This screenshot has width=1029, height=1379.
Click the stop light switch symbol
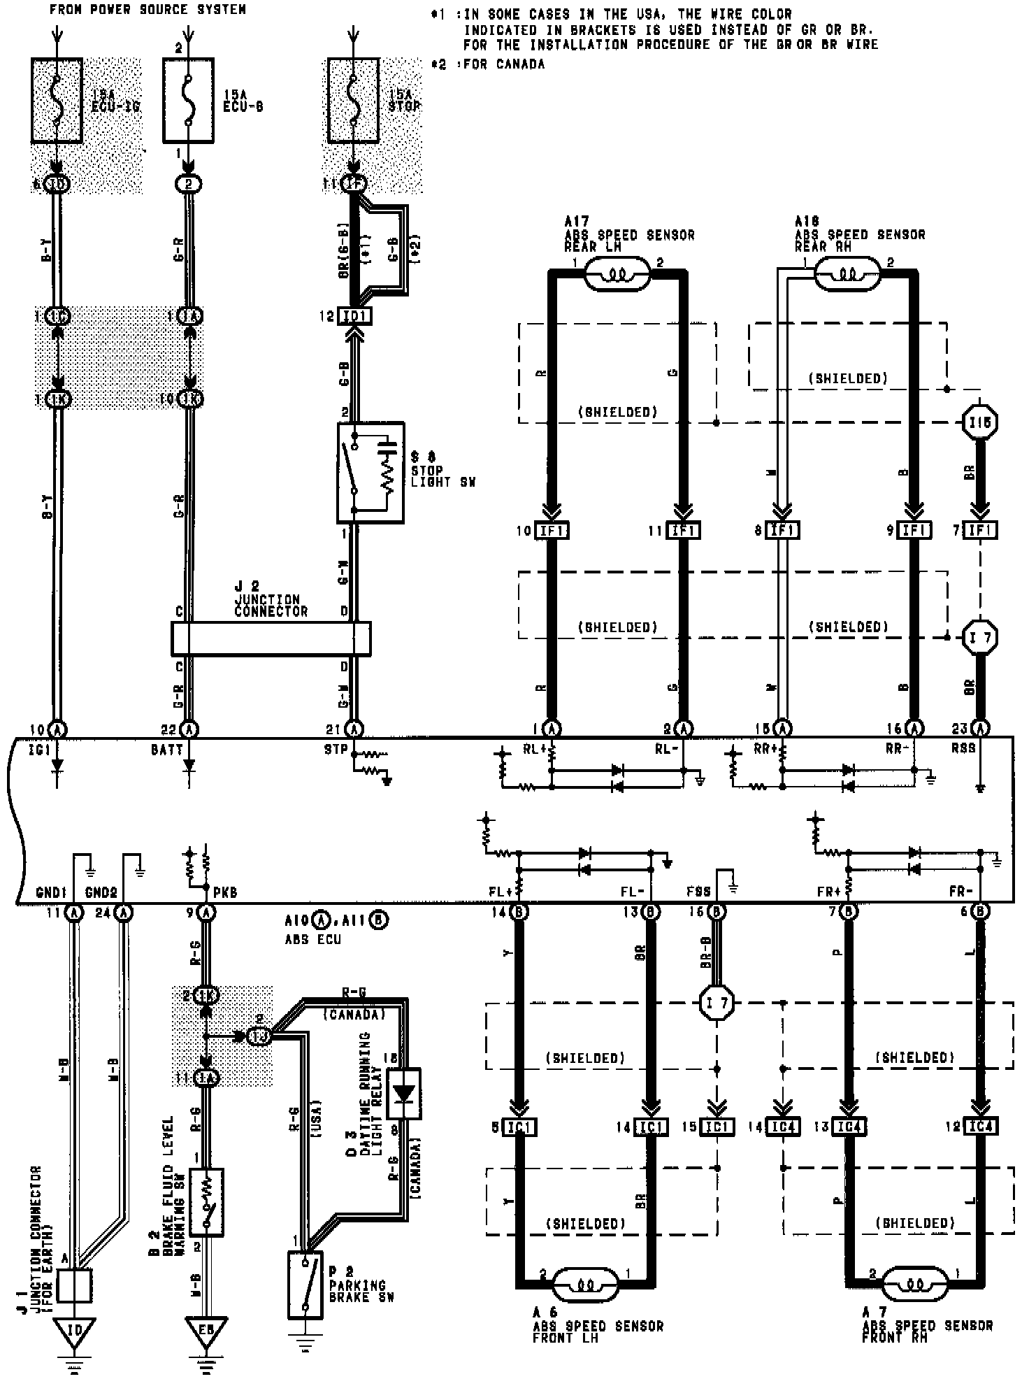(370, 472)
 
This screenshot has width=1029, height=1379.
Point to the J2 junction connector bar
(271, 638)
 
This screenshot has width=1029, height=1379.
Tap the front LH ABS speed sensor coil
(586, 1285)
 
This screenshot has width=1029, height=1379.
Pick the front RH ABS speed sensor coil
(914, 1285)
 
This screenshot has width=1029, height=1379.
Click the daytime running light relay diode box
(404, 1093)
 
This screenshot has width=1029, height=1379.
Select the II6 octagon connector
(980, 422)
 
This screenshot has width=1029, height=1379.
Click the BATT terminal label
(166, 750)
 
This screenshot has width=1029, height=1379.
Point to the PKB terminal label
(226, 893)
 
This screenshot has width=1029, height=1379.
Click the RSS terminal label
(963, 749)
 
